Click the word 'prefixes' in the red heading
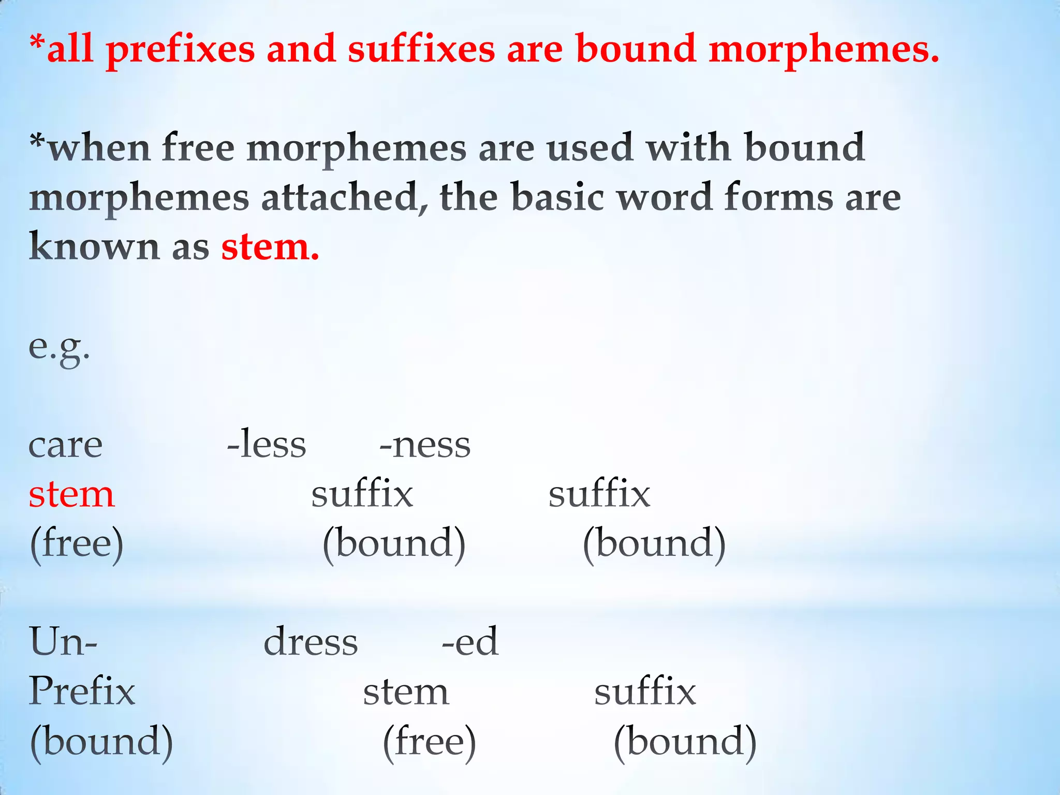181,51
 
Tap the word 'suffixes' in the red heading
421,50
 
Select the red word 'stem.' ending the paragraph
270,246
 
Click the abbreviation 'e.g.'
59,348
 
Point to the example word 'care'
66,446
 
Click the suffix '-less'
267,444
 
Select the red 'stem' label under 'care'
71,494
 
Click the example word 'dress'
311,641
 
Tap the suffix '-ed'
470,641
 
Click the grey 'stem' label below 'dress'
406,692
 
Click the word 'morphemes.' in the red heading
823,50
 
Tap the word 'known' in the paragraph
94,246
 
